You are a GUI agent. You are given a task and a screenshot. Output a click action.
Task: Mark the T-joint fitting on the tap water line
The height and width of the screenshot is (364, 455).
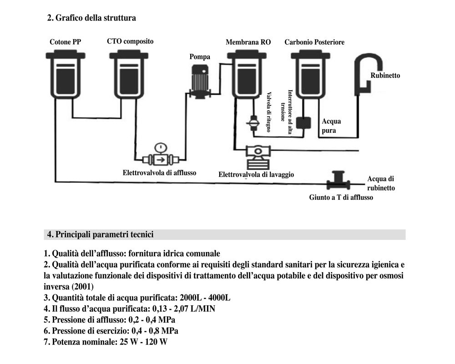click(339, 181)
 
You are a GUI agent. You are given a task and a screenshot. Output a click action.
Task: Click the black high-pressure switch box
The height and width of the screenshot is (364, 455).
click(302, 123)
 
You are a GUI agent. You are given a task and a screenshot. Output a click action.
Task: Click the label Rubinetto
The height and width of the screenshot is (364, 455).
click(385, 76)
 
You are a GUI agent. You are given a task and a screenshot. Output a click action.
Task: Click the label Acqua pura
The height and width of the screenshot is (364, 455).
click(331, 126)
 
